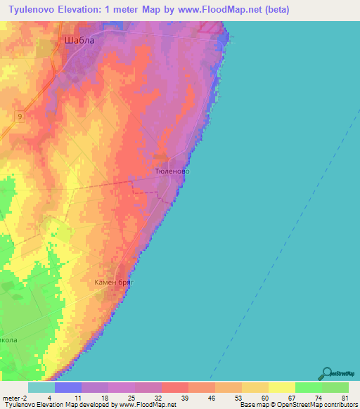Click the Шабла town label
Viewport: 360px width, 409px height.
click(79, 40)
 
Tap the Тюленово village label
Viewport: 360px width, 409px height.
click(172, 171)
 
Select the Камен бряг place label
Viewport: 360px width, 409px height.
click(114, 282)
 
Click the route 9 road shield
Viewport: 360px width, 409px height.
click(20, 117)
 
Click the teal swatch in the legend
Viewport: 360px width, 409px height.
click(41, 387)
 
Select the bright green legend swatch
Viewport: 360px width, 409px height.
click(308, 387)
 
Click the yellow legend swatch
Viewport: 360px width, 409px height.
click(281, 387)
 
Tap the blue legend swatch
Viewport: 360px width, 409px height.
click(68, 387)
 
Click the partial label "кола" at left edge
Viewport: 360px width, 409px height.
click(8, 339)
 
